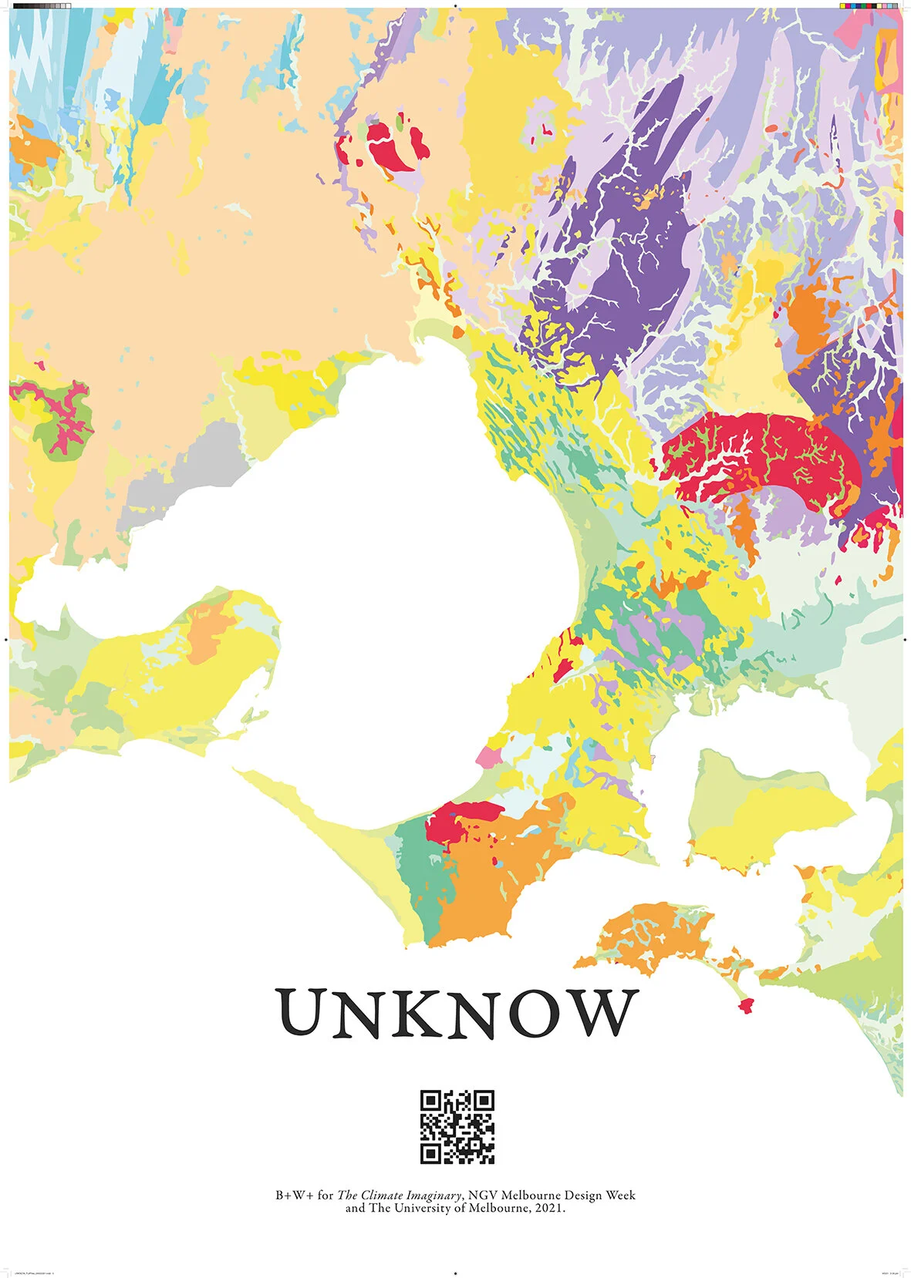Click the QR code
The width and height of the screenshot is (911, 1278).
(457, 1126)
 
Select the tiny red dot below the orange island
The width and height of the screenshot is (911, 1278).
(745, 1004)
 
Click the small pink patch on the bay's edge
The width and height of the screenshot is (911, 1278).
(488, 756)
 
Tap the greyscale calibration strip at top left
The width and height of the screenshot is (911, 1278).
(42, 5)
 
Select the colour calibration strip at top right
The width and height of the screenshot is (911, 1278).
(868, 5)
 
